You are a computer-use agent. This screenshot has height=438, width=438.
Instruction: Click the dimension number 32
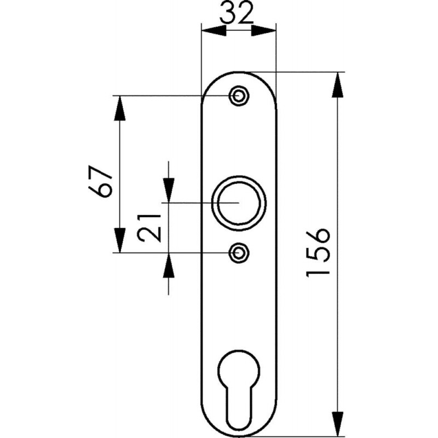coord(237,13)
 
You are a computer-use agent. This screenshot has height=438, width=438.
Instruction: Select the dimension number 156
coord(318,252)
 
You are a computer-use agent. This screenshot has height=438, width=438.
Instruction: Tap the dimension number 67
coord(100,182)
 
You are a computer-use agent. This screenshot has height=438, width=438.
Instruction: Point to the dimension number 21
coord(149,228)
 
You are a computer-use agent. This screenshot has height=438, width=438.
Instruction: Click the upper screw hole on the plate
coord(239,95)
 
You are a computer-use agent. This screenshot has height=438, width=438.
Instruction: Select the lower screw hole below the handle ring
coord(239,253)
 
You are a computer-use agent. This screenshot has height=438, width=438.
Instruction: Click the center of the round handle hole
coord(239,203)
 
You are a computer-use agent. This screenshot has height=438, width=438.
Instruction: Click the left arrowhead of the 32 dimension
coord(214,31)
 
